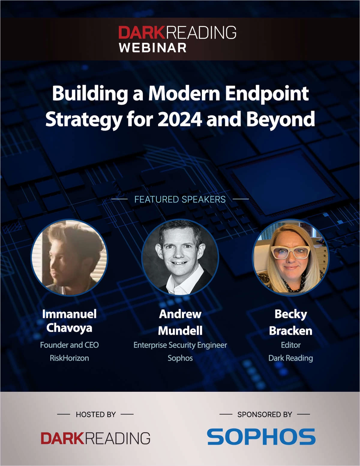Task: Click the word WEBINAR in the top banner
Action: point(153,48)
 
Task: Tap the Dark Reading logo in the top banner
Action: point(177,32)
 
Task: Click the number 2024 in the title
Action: point(180,119)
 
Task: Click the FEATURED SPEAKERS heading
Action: point(180,200)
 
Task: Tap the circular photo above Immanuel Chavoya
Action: point(69,257)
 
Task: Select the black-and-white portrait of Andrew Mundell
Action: point(180,257)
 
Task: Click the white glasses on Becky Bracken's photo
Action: point(290,252)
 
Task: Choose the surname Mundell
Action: point(180,331)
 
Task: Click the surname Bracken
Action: point(291,331)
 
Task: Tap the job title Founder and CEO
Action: point(69,345)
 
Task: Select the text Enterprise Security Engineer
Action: point(180,345)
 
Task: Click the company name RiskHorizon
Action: point(69,358)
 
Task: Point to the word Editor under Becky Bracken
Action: point(291,345)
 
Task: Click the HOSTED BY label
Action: point(96,414)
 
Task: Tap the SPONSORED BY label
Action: point(265,414)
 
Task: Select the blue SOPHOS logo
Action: point(261,437)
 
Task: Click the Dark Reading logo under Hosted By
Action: point(95,438)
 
